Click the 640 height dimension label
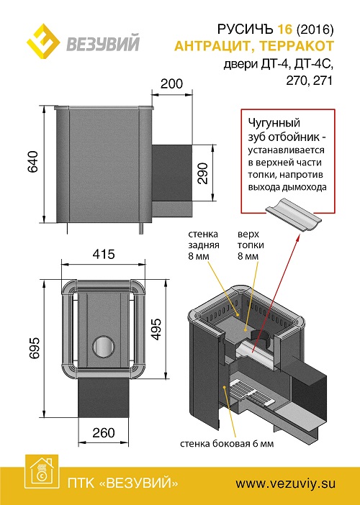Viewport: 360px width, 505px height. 33,162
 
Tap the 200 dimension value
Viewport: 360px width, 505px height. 172,83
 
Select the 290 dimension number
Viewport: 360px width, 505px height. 202,173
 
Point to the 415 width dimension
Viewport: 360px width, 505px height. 104,255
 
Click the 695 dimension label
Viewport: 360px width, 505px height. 34,348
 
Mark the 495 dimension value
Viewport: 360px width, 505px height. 156,329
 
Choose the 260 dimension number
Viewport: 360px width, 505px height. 104,433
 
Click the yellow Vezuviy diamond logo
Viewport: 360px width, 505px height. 43,41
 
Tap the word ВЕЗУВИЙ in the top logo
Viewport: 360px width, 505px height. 103,42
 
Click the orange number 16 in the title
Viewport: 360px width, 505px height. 284,29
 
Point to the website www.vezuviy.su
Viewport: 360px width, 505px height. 285,483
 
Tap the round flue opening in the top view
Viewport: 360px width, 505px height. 104,347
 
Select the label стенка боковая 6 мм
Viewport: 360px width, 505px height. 227,444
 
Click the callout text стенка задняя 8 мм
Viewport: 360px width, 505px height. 204,245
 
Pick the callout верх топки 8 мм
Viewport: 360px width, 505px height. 251,245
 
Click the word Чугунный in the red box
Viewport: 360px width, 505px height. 274,123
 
